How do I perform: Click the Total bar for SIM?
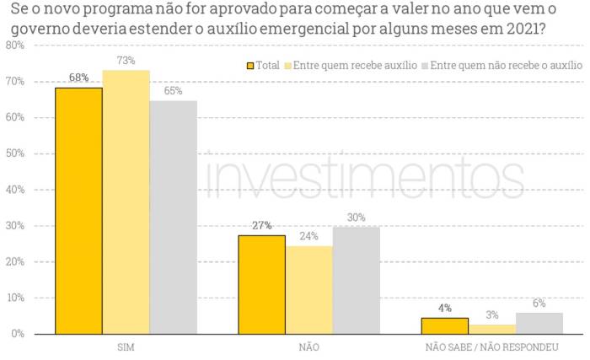[x=78, y=211]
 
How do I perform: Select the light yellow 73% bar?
[x=126, y=202]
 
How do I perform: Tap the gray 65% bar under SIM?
[x=174, y=217]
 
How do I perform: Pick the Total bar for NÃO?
[x=261, y=284]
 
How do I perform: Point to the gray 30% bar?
[x=356, y=280]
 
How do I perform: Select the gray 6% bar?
[x=539, y=323]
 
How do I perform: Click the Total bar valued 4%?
[x=444, y=325]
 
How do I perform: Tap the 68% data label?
[x=78, y=78]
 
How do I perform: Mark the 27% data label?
[x=261, y=225]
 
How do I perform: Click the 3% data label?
[x=491, y=314]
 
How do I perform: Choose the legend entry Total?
[x=262, y=65]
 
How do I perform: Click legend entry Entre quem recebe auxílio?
[x=350, y=65]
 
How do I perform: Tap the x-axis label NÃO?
[x=308, y=347]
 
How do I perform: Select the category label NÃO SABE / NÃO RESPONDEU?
[x=491, y=347]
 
